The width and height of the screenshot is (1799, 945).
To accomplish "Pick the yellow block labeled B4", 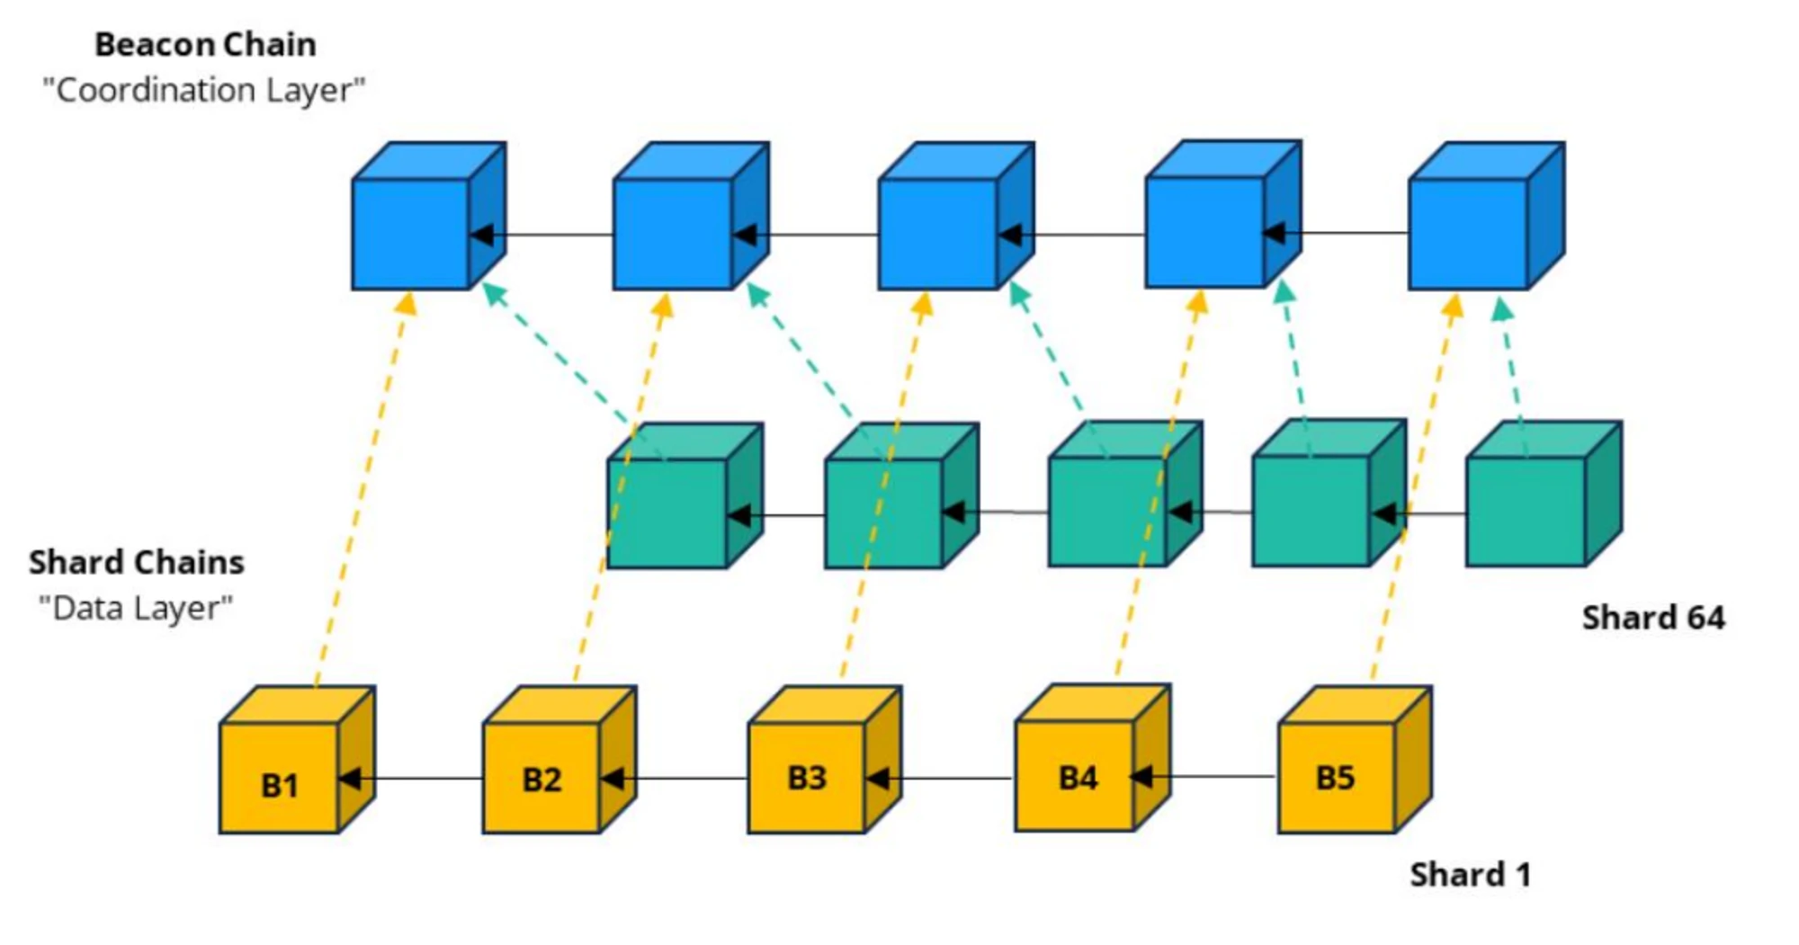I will point(1076,775).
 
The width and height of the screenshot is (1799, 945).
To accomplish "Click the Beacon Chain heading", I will point(205,45).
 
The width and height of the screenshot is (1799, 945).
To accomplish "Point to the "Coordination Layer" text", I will point(204,91).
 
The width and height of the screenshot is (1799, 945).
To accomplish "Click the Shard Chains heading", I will point(137,563).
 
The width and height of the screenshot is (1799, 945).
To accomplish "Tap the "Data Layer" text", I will point(136,609).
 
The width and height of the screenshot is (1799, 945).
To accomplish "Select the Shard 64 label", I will point(1653,618).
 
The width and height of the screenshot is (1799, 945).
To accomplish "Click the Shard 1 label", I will point(1470,875).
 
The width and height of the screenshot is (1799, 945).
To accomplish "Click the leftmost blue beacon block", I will point(411,234).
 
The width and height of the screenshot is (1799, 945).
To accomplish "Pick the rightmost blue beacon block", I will point(1468,234).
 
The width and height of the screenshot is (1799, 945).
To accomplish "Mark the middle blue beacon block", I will point(938,234).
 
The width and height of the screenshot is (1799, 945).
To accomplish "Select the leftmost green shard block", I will point(667,513).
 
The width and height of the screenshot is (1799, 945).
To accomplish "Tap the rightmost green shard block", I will point(1526,512).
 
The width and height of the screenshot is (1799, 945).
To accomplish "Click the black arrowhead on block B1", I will point(349,778).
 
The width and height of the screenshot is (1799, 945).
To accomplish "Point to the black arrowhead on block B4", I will point(1141,775).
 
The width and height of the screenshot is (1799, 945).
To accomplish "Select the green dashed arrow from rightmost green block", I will point(1512,369).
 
